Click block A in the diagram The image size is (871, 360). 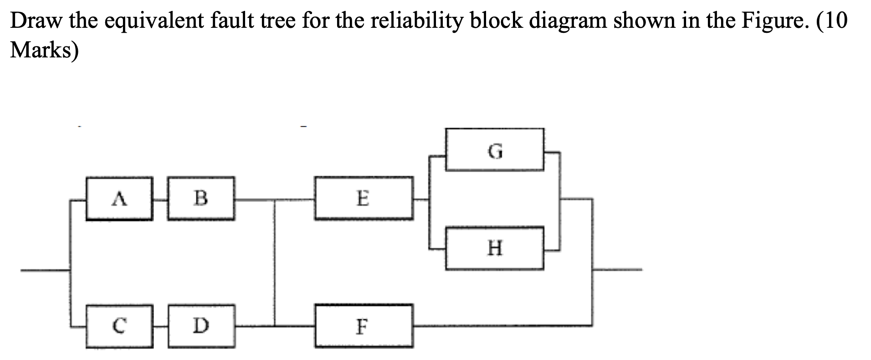[119, 199]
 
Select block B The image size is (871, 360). [201, 199]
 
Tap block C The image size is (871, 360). [119, 326]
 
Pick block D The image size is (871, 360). [201, 326]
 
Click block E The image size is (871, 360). [364, 199]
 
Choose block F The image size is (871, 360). [364, 326]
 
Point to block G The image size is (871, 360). [495, 150]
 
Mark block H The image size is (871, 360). [495, 249]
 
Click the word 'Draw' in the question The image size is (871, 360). [36, 21]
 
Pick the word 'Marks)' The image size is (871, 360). [44, 50]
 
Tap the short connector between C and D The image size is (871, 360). [160, 326]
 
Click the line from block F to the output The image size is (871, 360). [501, 325]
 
